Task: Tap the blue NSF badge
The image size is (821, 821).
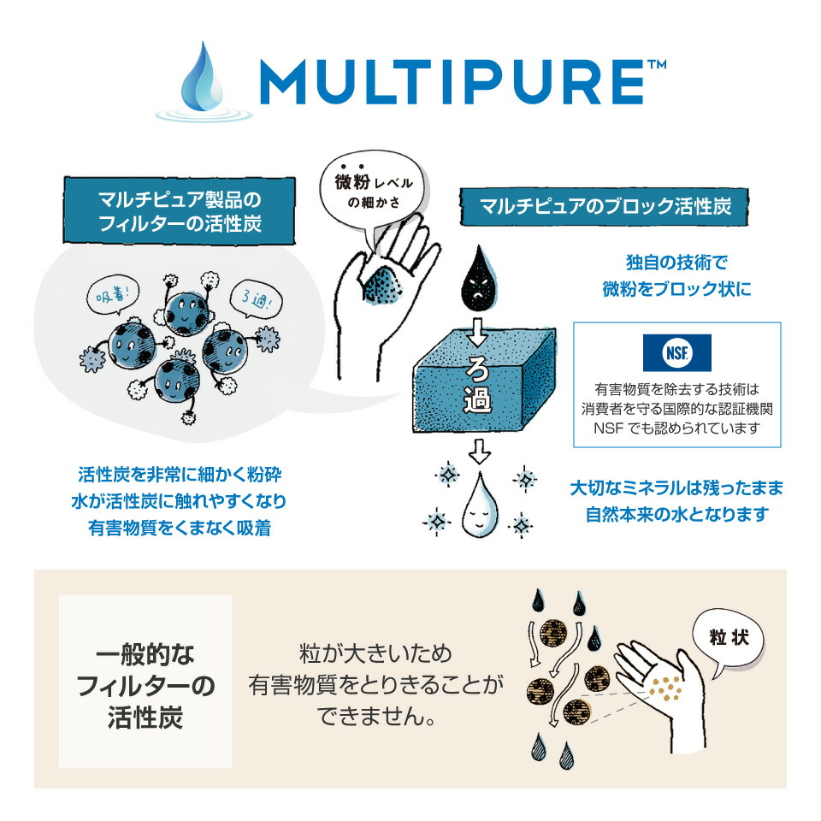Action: pyautogui.click(x=676, y=352)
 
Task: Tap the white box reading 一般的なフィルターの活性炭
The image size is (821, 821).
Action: pyautogui.click(x=145, y=681)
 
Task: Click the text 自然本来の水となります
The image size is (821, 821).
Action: pyautogui.click(x=676, y=515)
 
